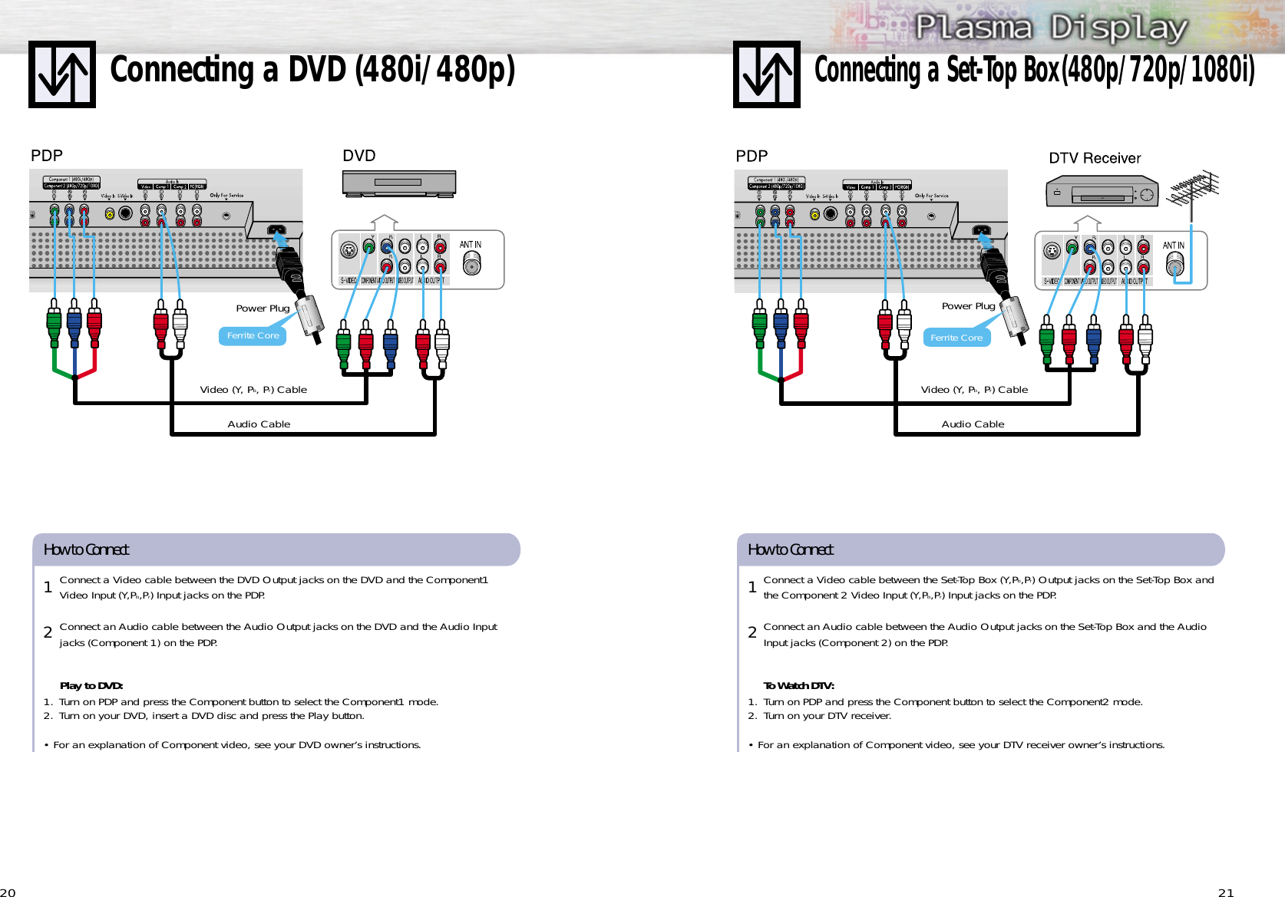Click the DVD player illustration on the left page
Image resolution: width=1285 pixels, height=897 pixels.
[x=398, y=183]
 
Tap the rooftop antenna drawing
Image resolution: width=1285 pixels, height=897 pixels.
[x=1192, y=188]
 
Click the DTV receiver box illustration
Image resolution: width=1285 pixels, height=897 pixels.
[x=1102, y=192]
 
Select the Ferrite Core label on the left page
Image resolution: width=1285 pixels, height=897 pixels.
[x=253, y=336]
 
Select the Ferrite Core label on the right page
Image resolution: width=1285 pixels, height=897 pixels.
[x=956, y=338]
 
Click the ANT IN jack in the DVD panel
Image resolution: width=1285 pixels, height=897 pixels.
[x=471, y=263]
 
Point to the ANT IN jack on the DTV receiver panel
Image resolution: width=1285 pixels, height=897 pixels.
[x=1174, y=264]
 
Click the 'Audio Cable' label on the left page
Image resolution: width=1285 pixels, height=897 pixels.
[x=259, y=424]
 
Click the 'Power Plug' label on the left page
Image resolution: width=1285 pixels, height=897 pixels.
[x=263, y=308]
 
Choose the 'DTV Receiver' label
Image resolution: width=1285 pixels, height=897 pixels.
[x=1095, y=158]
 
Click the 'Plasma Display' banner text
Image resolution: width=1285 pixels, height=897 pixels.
[x=1051, y=28]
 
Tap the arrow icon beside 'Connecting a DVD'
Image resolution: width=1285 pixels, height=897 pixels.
[x=62, y=74]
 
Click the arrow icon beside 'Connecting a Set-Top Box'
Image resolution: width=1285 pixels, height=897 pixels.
[x=766, y=74]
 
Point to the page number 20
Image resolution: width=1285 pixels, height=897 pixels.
[x=8, y=892]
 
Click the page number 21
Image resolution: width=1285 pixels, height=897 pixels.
[x=1226, y=892]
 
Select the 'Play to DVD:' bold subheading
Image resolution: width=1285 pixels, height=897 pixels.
[x=91, y=686]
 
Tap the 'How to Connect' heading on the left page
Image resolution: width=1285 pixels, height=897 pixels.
[x=86, y=549]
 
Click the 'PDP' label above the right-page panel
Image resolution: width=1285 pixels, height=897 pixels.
[x=752, y=157]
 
